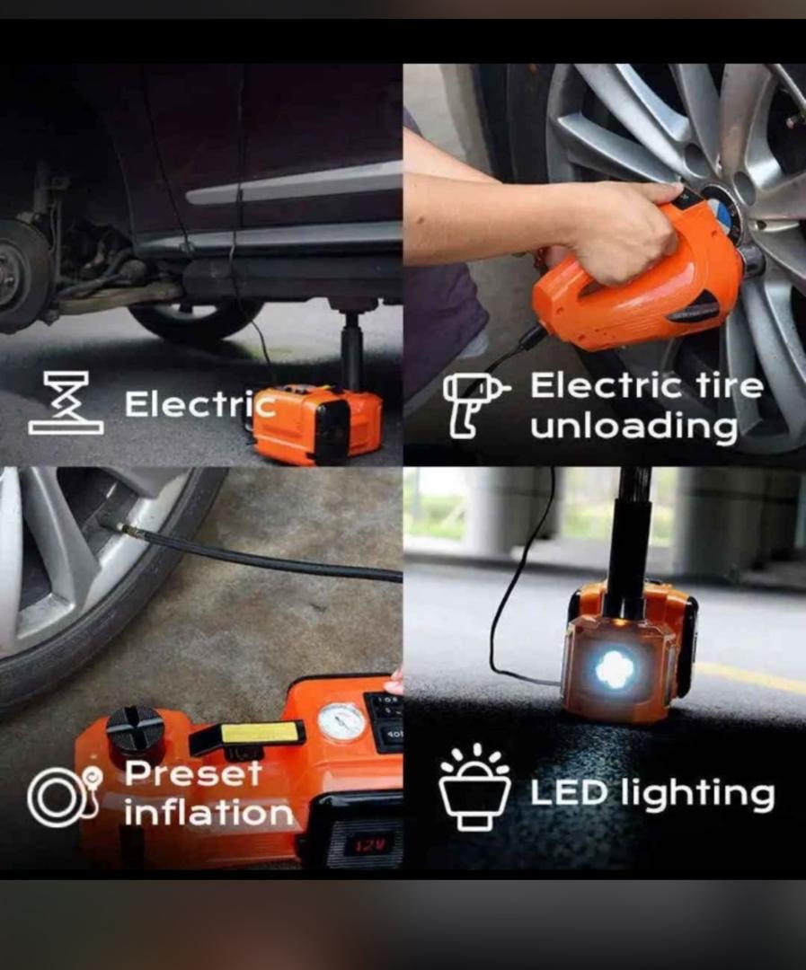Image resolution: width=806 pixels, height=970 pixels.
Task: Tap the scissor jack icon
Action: (x=66, y=402)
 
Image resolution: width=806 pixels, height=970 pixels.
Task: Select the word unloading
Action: (x=633, y=427)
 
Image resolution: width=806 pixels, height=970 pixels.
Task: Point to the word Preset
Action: (x=193, y=773)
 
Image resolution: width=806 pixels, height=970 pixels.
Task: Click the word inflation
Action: (x=208, y=814)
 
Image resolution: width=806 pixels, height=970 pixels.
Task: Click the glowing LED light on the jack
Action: (x=616, y=669)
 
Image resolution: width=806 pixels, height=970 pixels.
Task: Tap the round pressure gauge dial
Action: (x=342, y=721)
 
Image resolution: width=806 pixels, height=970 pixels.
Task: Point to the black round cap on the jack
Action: (x=136, y=731)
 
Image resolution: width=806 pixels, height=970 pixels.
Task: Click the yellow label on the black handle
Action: (x=260, y=732)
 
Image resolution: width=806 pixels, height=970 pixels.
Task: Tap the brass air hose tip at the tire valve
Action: (x=131, y=532)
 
